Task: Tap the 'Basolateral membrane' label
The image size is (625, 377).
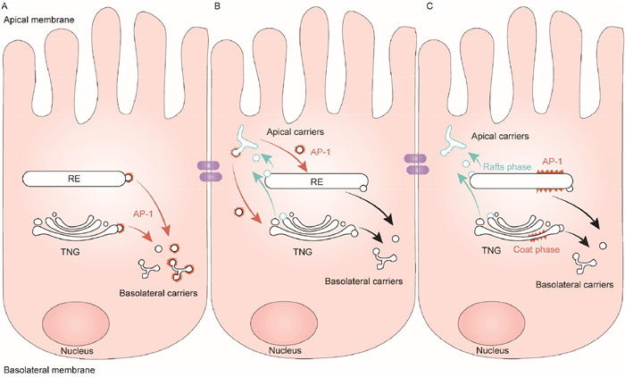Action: coord(43,367)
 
